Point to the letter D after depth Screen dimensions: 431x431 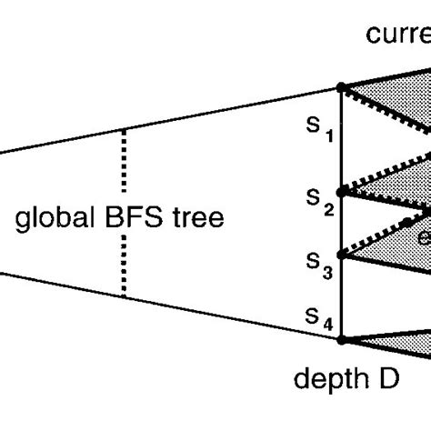click(386, 377)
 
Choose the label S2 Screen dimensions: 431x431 click(318, 202)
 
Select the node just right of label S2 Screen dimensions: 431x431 click(341, 192)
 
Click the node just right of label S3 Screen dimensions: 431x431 click(341, 255)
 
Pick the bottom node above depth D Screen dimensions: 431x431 click(341, 339)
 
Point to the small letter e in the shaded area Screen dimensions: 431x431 click(423, 238)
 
